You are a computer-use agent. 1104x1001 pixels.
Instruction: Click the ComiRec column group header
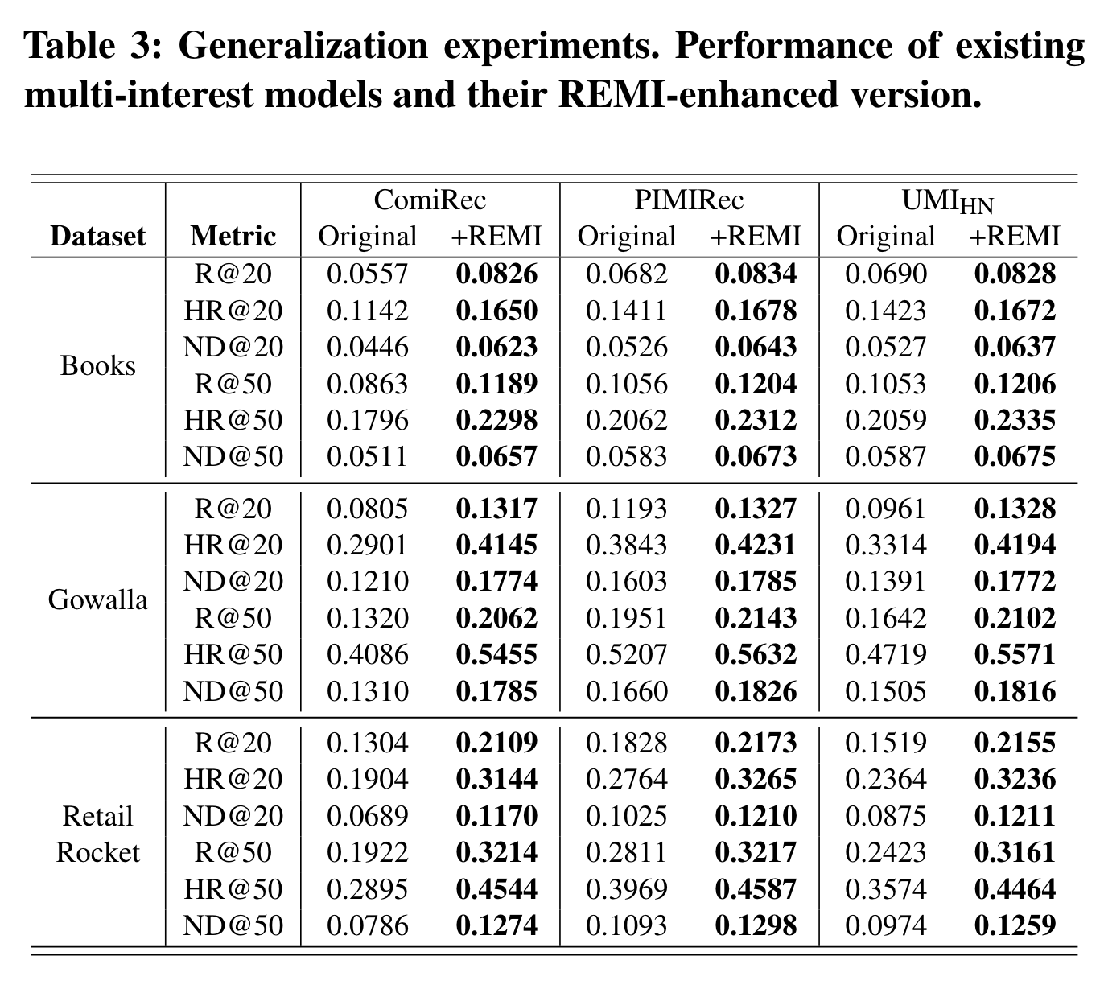click(x=430, y=200)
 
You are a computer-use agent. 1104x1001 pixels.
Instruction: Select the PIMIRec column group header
click(x=689, y=200)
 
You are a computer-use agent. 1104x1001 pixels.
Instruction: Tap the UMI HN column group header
click(x=948, y=201)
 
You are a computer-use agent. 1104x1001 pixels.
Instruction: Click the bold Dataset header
click(x=98, y=237)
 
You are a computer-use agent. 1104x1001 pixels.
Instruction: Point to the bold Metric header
click(x=233, y=237)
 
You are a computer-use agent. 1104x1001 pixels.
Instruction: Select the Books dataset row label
click(x=98, y=365)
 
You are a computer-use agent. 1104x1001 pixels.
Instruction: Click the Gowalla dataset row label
click(x=98, y=599)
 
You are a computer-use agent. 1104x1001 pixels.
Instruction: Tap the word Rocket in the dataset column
click(x=98, y=852)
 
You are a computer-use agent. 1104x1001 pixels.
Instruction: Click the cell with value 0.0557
click(x=367, y=274)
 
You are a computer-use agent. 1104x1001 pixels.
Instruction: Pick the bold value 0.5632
click(x=756, y=654)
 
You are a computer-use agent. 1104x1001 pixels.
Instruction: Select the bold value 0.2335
click(x=1015, y=420)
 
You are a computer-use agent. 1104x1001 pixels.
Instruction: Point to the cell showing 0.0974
click(x=885, y=925)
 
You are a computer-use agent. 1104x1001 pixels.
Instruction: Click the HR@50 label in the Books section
click(x=233, y=420)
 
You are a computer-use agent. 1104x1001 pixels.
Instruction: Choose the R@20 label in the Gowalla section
click(x=233, y=509)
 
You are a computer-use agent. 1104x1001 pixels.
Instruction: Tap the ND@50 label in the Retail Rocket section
click(x=233, y=925)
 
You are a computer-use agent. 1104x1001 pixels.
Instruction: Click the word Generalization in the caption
click(x=303, y=45)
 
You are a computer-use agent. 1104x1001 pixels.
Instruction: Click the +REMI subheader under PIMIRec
click(x=756, y=237)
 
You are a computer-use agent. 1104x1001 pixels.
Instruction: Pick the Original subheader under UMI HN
click(x=885, y=237)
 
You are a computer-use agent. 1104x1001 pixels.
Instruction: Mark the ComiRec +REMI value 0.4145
click(x=496, y=545)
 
